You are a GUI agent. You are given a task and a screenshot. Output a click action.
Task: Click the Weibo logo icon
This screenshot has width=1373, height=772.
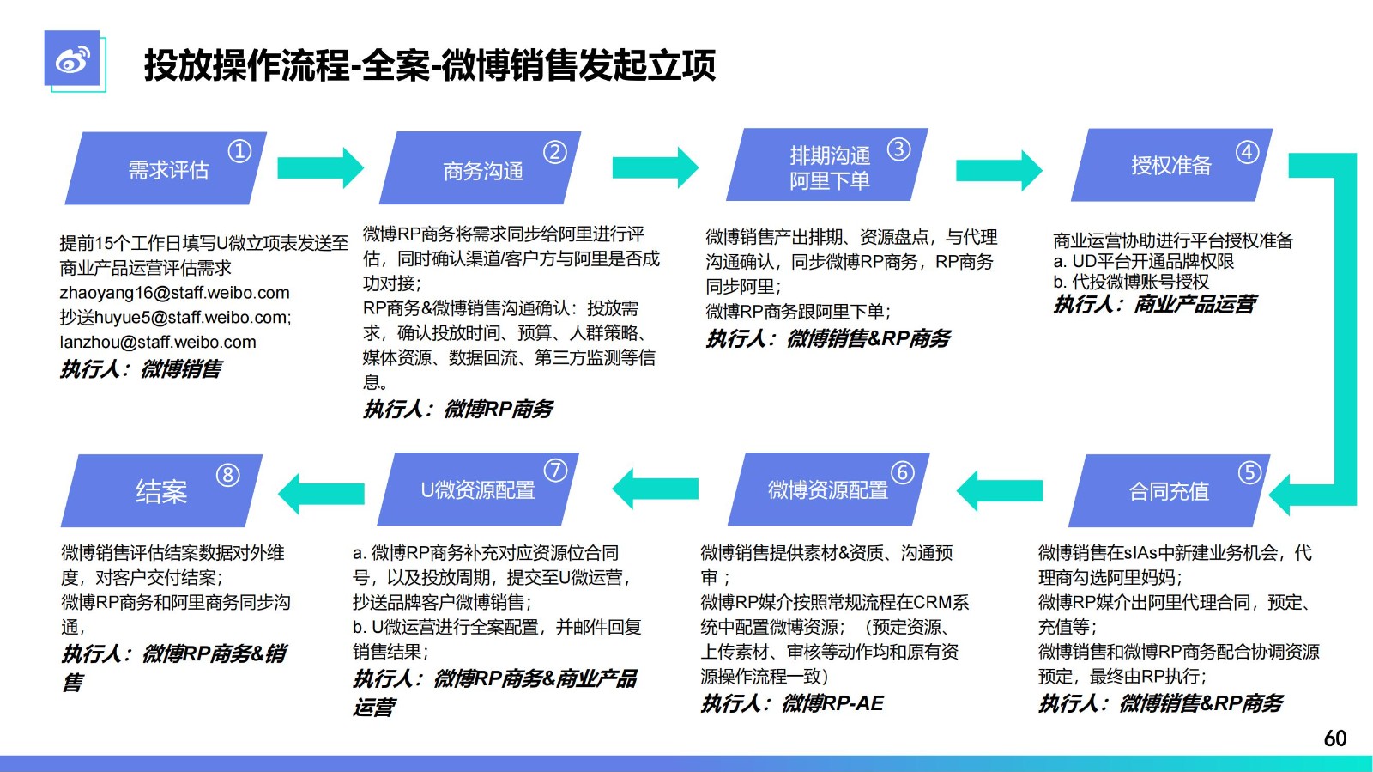(72, 59)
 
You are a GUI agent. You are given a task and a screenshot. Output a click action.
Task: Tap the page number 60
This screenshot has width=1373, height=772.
(1335, 739)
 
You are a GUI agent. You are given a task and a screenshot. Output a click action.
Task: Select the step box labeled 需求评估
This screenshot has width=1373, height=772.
(166, 168)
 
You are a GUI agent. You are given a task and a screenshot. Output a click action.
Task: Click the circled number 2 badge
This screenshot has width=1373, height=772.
(554, 151)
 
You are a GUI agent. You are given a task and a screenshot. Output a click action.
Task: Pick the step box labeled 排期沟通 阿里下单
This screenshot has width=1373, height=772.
(827, 164)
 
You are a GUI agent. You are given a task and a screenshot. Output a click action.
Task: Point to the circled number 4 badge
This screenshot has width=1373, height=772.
(1247, 151)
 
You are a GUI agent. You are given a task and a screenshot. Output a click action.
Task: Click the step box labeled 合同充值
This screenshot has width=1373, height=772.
(1169, 490)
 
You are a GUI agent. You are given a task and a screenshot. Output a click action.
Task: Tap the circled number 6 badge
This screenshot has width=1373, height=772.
(902, 472)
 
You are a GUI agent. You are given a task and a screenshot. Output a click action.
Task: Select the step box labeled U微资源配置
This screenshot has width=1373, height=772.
(478, 489)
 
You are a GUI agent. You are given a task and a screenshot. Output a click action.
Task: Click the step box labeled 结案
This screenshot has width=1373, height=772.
(162, 490)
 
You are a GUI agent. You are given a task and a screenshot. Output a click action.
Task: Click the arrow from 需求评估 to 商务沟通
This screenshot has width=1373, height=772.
(321, 167)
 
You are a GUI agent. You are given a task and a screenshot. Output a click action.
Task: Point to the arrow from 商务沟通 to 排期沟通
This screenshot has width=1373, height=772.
(656, 167)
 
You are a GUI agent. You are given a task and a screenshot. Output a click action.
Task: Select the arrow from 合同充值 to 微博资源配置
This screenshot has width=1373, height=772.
(999, 490)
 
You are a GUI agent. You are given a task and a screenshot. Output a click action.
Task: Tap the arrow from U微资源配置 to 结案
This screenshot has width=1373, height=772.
(321, 493)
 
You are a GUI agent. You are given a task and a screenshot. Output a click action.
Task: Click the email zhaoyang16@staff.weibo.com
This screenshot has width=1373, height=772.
(175, 293)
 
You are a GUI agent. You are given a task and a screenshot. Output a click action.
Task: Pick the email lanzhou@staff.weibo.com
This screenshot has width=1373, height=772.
(158, 342)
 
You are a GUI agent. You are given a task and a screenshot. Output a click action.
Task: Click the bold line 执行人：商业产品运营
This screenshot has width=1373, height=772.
(1155, 304)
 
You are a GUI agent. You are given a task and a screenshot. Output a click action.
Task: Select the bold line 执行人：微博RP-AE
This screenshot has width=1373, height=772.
(792, 703)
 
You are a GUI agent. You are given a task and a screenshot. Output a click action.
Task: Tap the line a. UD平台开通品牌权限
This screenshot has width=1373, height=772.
(1144, 261)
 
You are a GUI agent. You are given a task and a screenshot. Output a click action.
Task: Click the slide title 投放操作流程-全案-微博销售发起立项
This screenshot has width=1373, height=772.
(430, 65)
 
